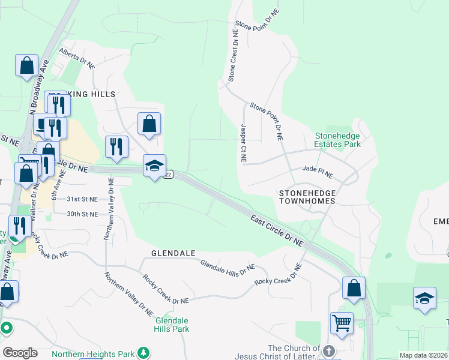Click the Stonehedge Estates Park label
pos(337,140)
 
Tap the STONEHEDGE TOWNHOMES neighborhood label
pos(307,197)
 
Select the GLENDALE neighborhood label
pos(173,253)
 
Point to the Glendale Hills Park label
pos(172,325)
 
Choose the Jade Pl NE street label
pos(318,172)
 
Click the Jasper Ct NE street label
pos(243,144)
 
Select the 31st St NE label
pos(82,199)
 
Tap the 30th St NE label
pos(82,214)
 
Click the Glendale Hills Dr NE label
pos(228,267)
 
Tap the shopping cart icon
pos(342,323)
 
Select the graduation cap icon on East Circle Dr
pos(154,166)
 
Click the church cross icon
pos(328,350)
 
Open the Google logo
pos(20,353)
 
